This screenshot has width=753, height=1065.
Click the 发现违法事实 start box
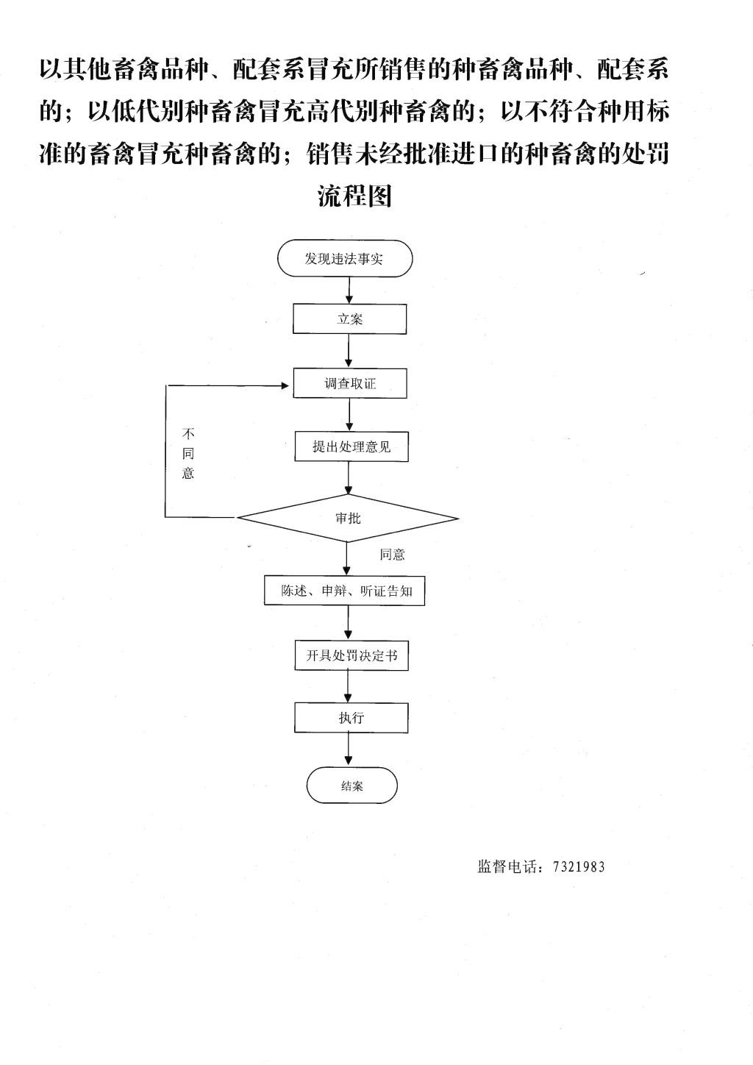click(345, 259)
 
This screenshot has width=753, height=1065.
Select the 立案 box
click(350, 319)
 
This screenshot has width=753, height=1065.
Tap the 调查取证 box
click(350, 383)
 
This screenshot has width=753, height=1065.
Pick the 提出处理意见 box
click(351, 446)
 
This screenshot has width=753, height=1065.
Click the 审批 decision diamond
click(348, 519)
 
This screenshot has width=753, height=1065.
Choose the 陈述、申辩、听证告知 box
click(344, 591)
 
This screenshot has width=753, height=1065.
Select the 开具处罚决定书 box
click(351, 655)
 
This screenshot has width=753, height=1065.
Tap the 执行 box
click(351, 718)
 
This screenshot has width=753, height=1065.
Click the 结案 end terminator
click(351, 786)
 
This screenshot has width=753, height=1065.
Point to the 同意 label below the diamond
click(392, 555)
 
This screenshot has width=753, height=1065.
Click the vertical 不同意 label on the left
click(188, 453)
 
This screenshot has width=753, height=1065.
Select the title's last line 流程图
click(354, 196)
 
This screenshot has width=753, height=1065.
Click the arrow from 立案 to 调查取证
click(349, 351)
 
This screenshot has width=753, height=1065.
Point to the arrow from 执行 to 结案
click(349, 749)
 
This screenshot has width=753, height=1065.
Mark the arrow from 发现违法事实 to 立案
click(349, 291)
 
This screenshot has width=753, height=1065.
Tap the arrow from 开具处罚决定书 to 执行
click(349, 686)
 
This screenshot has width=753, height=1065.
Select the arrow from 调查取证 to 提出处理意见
click(349, 415)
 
